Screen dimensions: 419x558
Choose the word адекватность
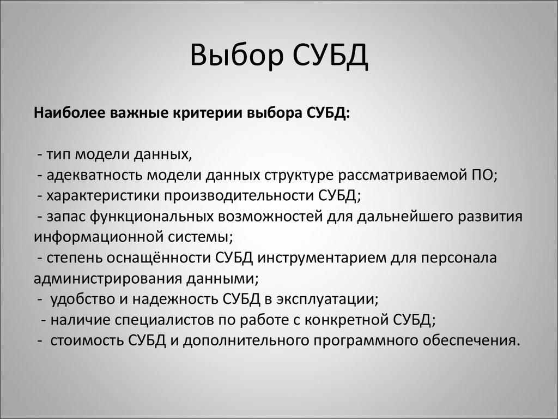click(x=94, y=176)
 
